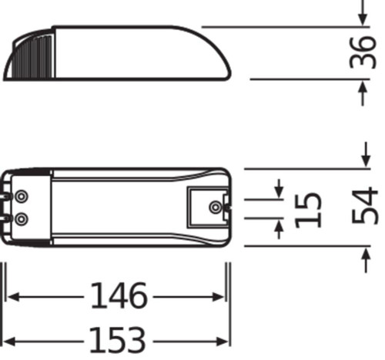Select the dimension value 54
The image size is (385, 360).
point(365,205)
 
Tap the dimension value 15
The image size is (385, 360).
point(307,208)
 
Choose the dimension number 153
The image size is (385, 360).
point(118,338)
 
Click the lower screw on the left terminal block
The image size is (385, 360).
point(22,219)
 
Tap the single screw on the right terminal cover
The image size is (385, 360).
point(217,206)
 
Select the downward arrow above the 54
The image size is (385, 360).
point(363,158)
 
